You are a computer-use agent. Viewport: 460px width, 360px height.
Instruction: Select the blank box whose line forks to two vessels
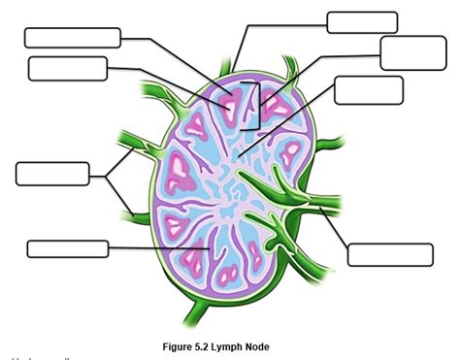pyautogui.click(x=52, y=174)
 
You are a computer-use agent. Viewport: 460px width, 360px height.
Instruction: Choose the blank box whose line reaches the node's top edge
pyautogui.click(x=362, y=22)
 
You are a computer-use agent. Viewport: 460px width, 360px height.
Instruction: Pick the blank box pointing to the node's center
pyautogui.click(x=368, y=90)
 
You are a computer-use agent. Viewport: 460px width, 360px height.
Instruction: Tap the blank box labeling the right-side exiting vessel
pyautogui.click(x=389, y=254)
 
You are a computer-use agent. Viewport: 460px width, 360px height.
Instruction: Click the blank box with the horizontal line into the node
pyautogui.click(x=67, y=248)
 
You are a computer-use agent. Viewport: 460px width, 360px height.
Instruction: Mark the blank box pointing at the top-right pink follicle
pyautogui.click(x=412, y=52)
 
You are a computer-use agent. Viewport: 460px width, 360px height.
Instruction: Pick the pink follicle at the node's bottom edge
pyautogui.click(x=229, y=276)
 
